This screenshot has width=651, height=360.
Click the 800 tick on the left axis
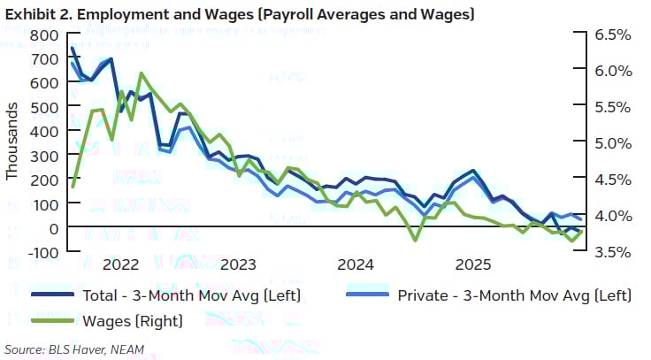pyautogui.click(x=45, y=35)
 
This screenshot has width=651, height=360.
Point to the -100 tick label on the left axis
pyautogui.click(x=42, y=252)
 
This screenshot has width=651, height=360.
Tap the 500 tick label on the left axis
pyautogui.click(x=45, y=107)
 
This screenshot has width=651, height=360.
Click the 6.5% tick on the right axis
pyautogui.click(x=609, y=35)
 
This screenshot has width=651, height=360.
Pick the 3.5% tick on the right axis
pyautogui.click(x=609, y=252)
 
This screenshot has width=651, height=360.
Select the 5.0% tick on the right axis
pyautogui.click(x=609, y=143)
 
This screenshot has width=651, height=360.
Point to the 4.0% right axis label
pyautogui.click(x=609, y=216)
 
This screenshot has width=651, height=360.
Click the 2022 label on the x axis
pyautogui.click(x=121, y=264)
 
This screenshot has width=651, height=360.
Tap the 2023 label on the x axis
pyautogui.click(x=239, y=264)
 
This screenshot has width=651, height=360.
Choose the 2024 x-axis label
pyautogui.click(x=356, y=264)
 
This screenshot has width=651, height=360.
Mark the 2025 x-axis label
pyautogui.click(x=473, y=264)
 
